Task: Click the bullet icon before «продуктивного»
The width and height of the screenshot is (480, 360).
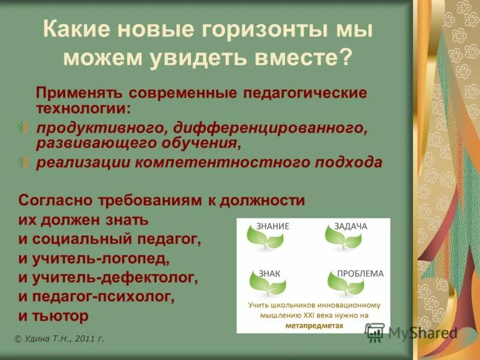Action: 23,128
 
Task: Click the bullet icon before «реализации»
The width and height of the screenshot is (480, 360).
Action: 23,161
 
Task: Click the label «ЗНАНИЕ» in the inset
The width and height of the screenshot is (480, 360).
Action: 273,226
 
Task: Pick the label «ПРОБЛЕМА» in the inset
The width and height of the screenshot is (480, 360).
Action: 360,273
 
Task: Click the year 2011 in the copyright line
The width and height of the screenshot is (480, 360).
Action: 83,339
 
